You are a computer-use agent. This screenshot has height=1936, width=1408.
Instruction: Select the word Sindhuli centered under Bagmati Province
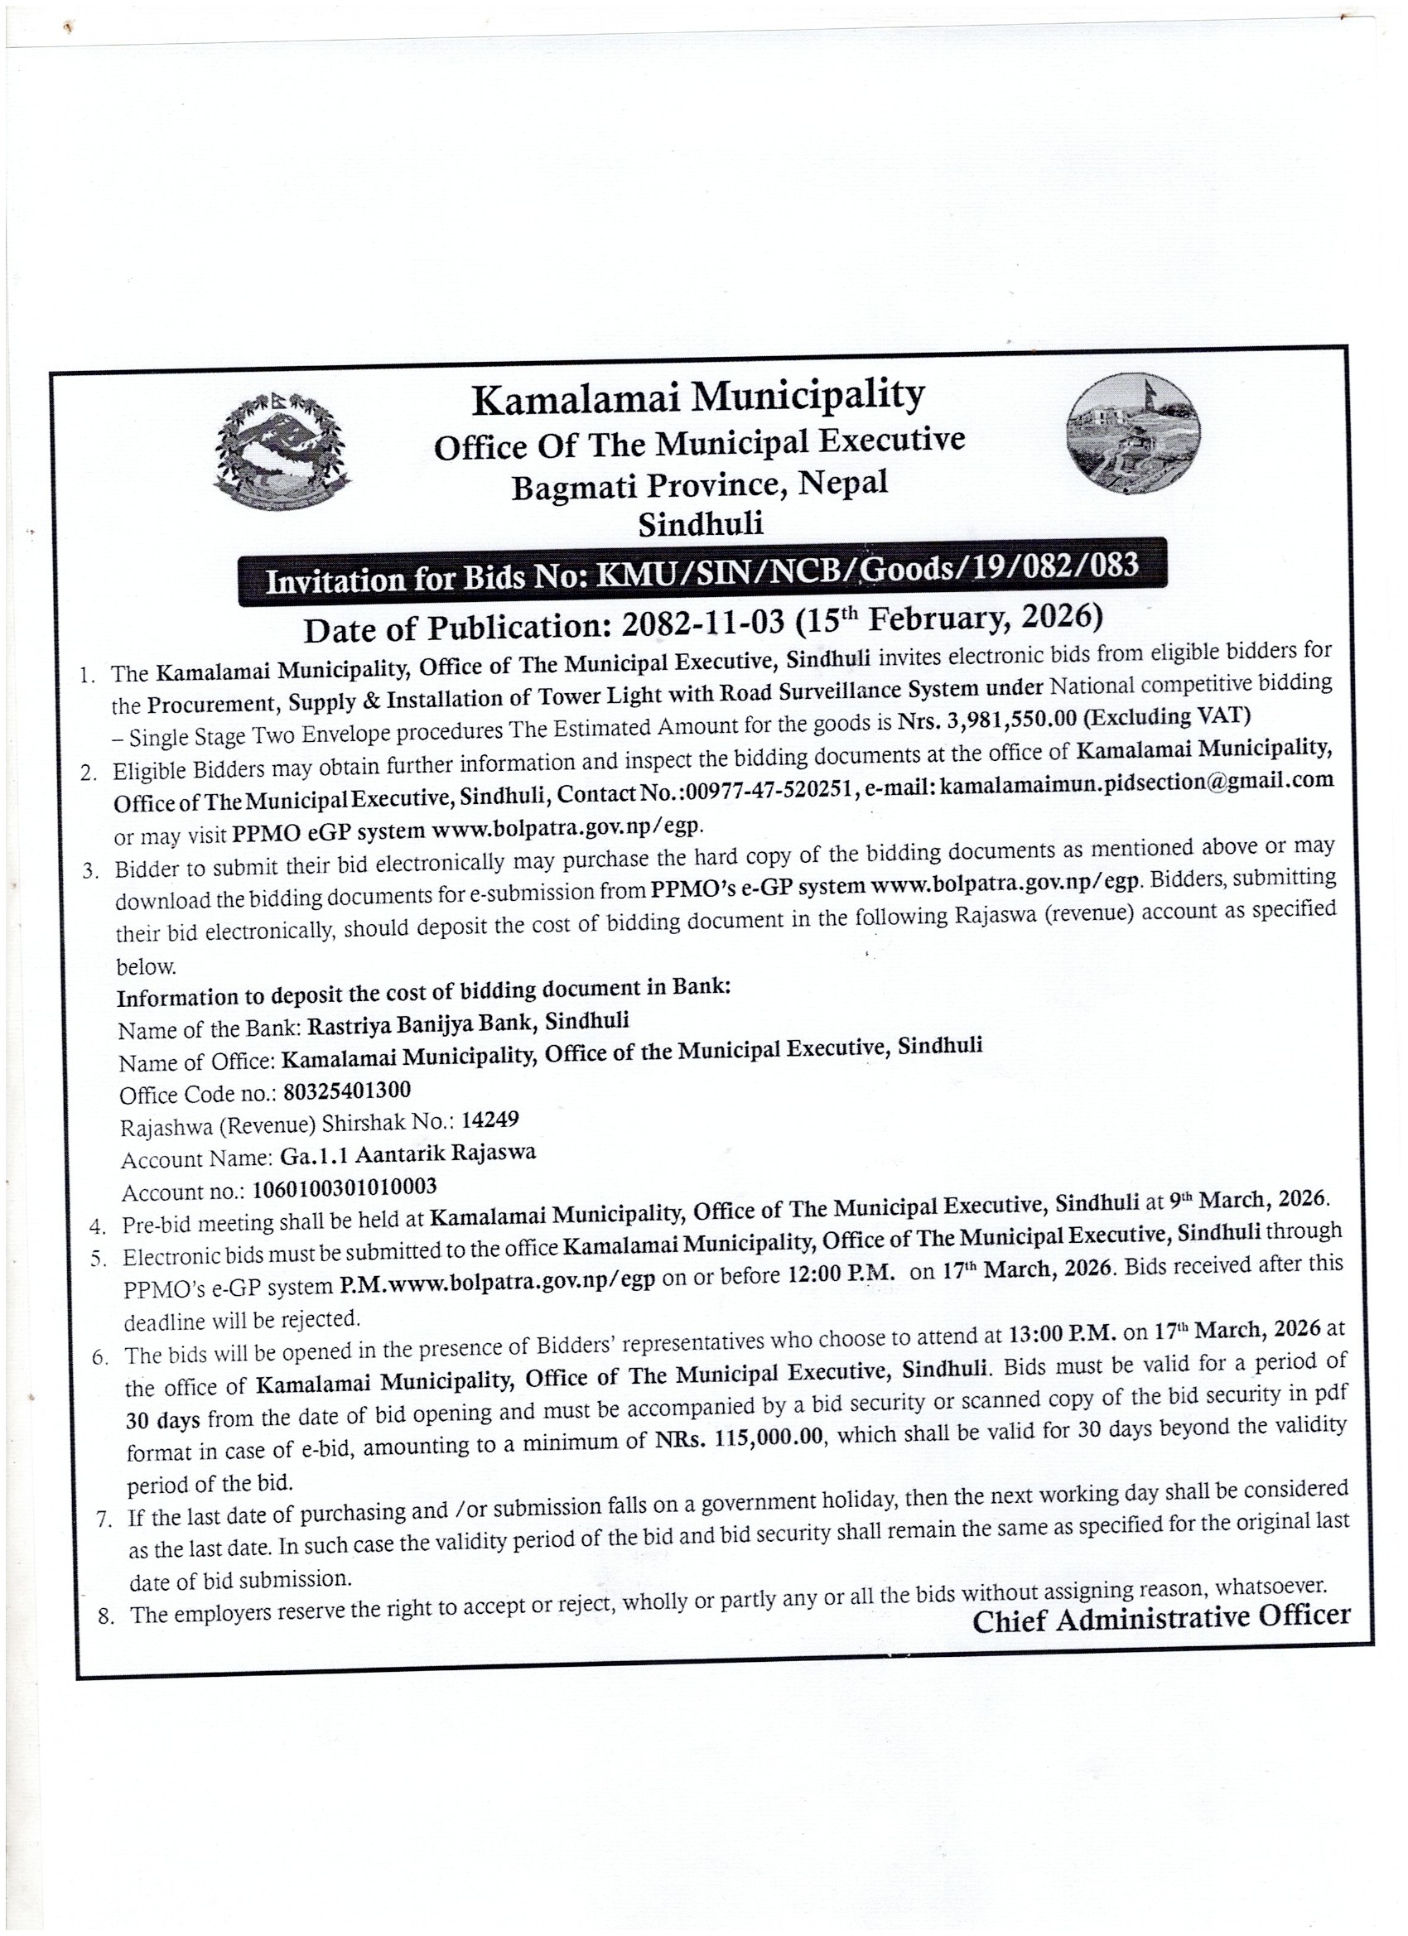pos(700,523)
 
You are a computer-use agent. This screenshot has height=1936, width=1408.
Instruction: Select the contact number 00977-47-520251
pos(770,793)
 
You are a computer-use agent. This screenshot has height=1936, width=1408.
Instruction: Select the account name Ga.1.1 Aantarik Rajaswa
pos(407,1155)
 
